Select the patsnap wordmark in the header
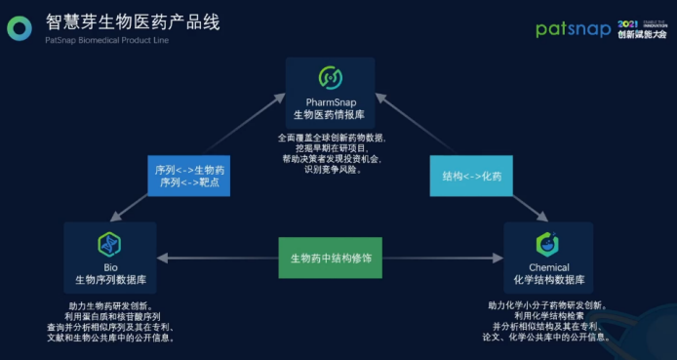[573, 29]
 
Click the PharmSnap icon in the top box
[331, 77]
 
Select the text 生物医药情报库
[331, 115]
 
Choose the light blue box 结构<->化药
[471, 177]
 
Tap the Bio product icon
[108, 244]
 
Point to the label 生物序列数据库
[108, 281]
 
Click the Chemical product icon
[548, 244]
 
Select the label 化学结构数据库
[549, 281]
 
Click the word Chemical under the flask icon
[549, 267]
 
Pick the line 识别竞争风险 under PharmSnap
[331, 170]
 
